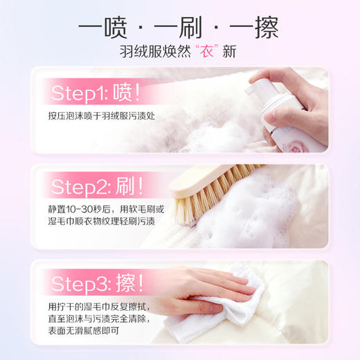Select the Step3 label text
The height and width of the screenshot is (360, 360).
click(x=80, y=282)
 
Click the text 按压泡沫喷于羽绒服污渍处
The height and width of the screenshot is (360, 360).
click(x=101, y=115)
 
